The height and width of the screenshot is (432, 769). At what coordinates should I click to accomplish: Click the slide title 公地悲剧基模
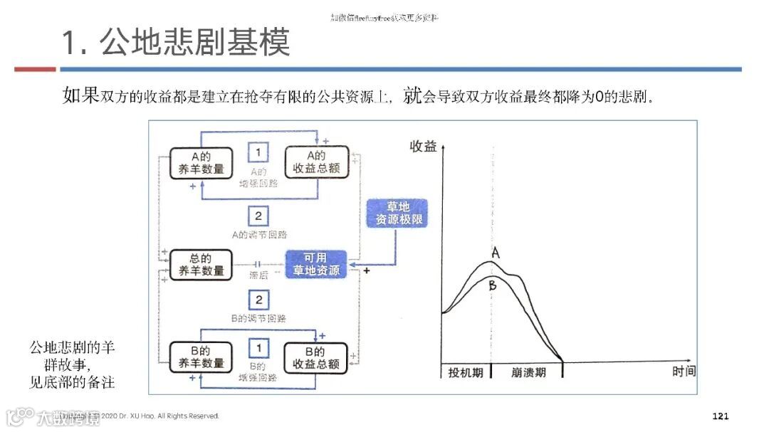click(176, 43)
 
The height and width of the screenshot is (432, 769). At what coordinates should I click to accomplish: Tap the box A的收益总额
click(316, 163)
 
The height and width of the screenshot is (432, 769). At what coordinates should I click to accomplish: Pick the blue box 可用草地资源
click(316, 264)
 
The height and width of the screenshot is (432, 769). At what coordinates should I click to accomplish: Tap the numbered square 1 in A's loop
click(258, 152)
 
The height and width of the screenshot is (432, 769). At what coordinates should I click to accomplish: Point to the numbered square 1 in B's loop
click(258, 348)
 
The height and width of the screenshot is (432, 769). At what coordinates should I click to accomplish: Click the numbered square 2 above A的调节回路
click(258, 216)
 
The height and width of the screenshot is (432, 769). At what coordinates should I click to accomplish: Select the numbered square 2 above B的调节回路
click(258, 300)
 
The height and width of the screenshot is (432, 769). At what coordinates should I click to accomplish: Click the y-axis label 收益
click(423, 147)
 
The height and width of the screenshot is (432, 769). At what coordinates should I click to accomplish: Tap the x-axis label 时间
click(684, 372)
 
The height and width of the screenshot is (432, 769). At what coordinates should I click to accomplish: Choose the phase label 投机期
click(466, 372)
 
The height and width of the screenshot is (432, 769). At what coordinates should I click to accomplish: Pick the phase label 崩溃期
click(528, 372)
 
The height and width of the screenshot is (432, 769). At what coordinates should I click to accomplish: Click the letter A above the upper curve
click(496, 253)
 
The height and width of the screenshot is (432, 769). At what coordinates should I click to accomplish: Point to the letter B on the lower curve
click(492, 285)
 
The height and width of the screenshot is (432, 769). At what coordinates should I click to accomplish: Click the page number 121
click(721, 416)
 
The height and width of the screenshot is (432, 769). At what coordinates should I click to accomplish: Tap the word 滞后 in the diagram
click(258, 275)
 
